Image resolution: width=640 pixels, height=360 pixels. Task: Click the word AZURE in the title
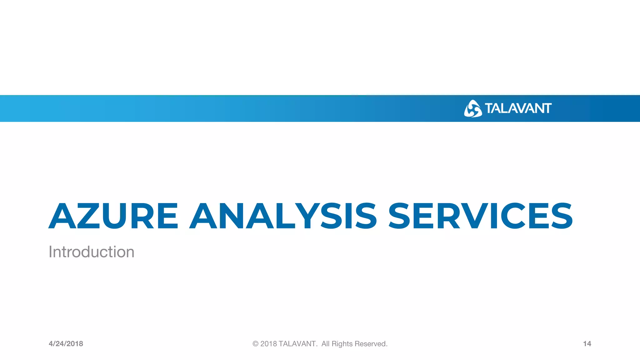click(113, 216)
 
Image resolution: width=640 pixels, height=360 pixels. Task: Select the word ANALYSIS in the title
click(283, 216)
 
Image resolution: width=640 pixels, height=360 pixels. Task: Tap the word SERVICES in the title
click(480, 216)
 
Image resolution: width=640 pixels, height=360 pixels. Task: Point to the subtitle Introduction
click(92, 252)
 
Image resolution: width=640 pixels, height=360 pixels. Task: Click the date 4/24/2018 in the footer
click(66, 344)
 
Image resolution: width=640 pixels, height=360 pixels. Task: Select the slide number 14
click(587, 344)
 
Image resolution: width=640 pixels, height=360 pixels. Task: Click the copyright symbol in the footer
click(255, 344)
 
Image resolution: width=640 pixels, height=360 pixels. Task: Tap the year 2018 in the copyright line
click(269, 344)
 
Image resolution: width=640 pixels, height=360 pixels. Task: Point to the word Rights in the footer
click(342, 344)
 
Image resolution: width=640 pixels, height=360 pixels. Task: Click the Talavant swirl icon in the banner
click(472, 109)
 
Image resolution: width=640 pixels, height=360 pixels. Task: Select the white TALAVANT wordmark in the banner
click(518, 108)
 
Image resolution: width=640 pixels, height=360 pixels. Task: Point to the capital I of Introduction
click(51, 252)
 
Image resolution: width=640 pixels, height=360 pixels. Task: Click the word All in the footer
click(325, 344)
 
